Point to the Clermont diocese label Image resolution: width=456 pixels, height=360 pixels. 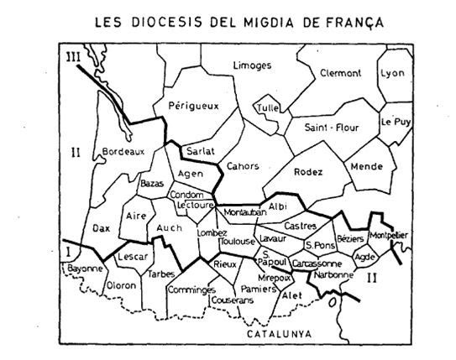pyautogui.click(x=341, y=74)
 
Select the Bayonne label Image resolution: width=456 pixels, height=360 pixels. pyautogui.click(x=83, y=269)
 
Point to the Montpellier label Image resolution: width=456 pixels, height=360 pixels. pyautogui.click(x=388, y=236)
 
